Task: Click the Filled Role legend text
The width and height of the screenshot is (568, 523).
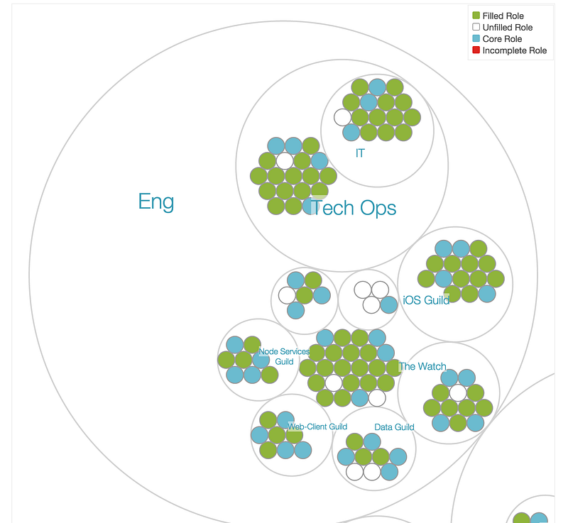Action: [x=503, y=16]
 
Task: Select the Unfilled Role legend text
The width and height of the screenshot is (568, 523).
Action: [x=507, y=28]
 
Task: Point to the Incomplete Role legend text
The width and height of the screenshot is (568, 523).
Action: [x=514, y=50]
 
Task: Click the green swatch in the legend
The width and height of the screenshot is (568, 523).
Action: [x=476, y=16]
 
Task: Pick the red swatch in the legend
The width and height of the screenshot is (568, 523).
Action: [x=476, y=50]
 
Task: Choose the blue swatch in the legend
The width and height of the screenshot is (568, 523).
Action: [x=476, y=39]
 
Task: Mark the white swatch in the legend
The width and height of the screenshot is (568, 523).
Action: [x=476, y=28]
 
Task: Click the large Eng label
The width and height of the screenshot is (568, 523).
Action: [x=156, y=202]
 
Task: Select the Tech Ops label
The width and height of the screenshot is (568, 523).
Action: [x=354, y=208]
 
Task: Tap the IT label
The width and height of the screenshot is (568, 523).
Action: [x=360, y=153]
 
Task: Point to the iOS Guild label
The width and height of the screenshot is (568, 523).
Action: [x=426, y=300]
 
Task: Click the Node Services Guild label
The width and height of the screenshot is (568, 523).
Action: [x=284, y=356]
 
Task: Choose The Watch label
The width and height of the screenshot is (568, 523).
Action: [x=422, y=367]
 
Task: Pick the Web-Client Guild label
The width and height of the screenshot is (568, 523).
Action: [x=317, y=426]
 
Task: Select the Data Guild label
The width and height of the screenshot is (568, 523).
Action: [x=394, y=427]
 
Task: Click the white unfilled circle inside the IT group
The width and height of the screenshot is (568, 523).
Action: [x=343, y=117]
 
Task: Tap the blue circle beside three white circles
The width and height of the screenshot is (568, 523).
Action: [x=388, y=305]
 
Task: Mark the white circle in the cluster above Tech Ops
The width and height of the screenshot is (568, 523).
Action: [x=285, y=160]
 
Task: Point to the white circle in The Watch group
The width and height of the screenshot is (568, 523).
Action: [x=458, y=392]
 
